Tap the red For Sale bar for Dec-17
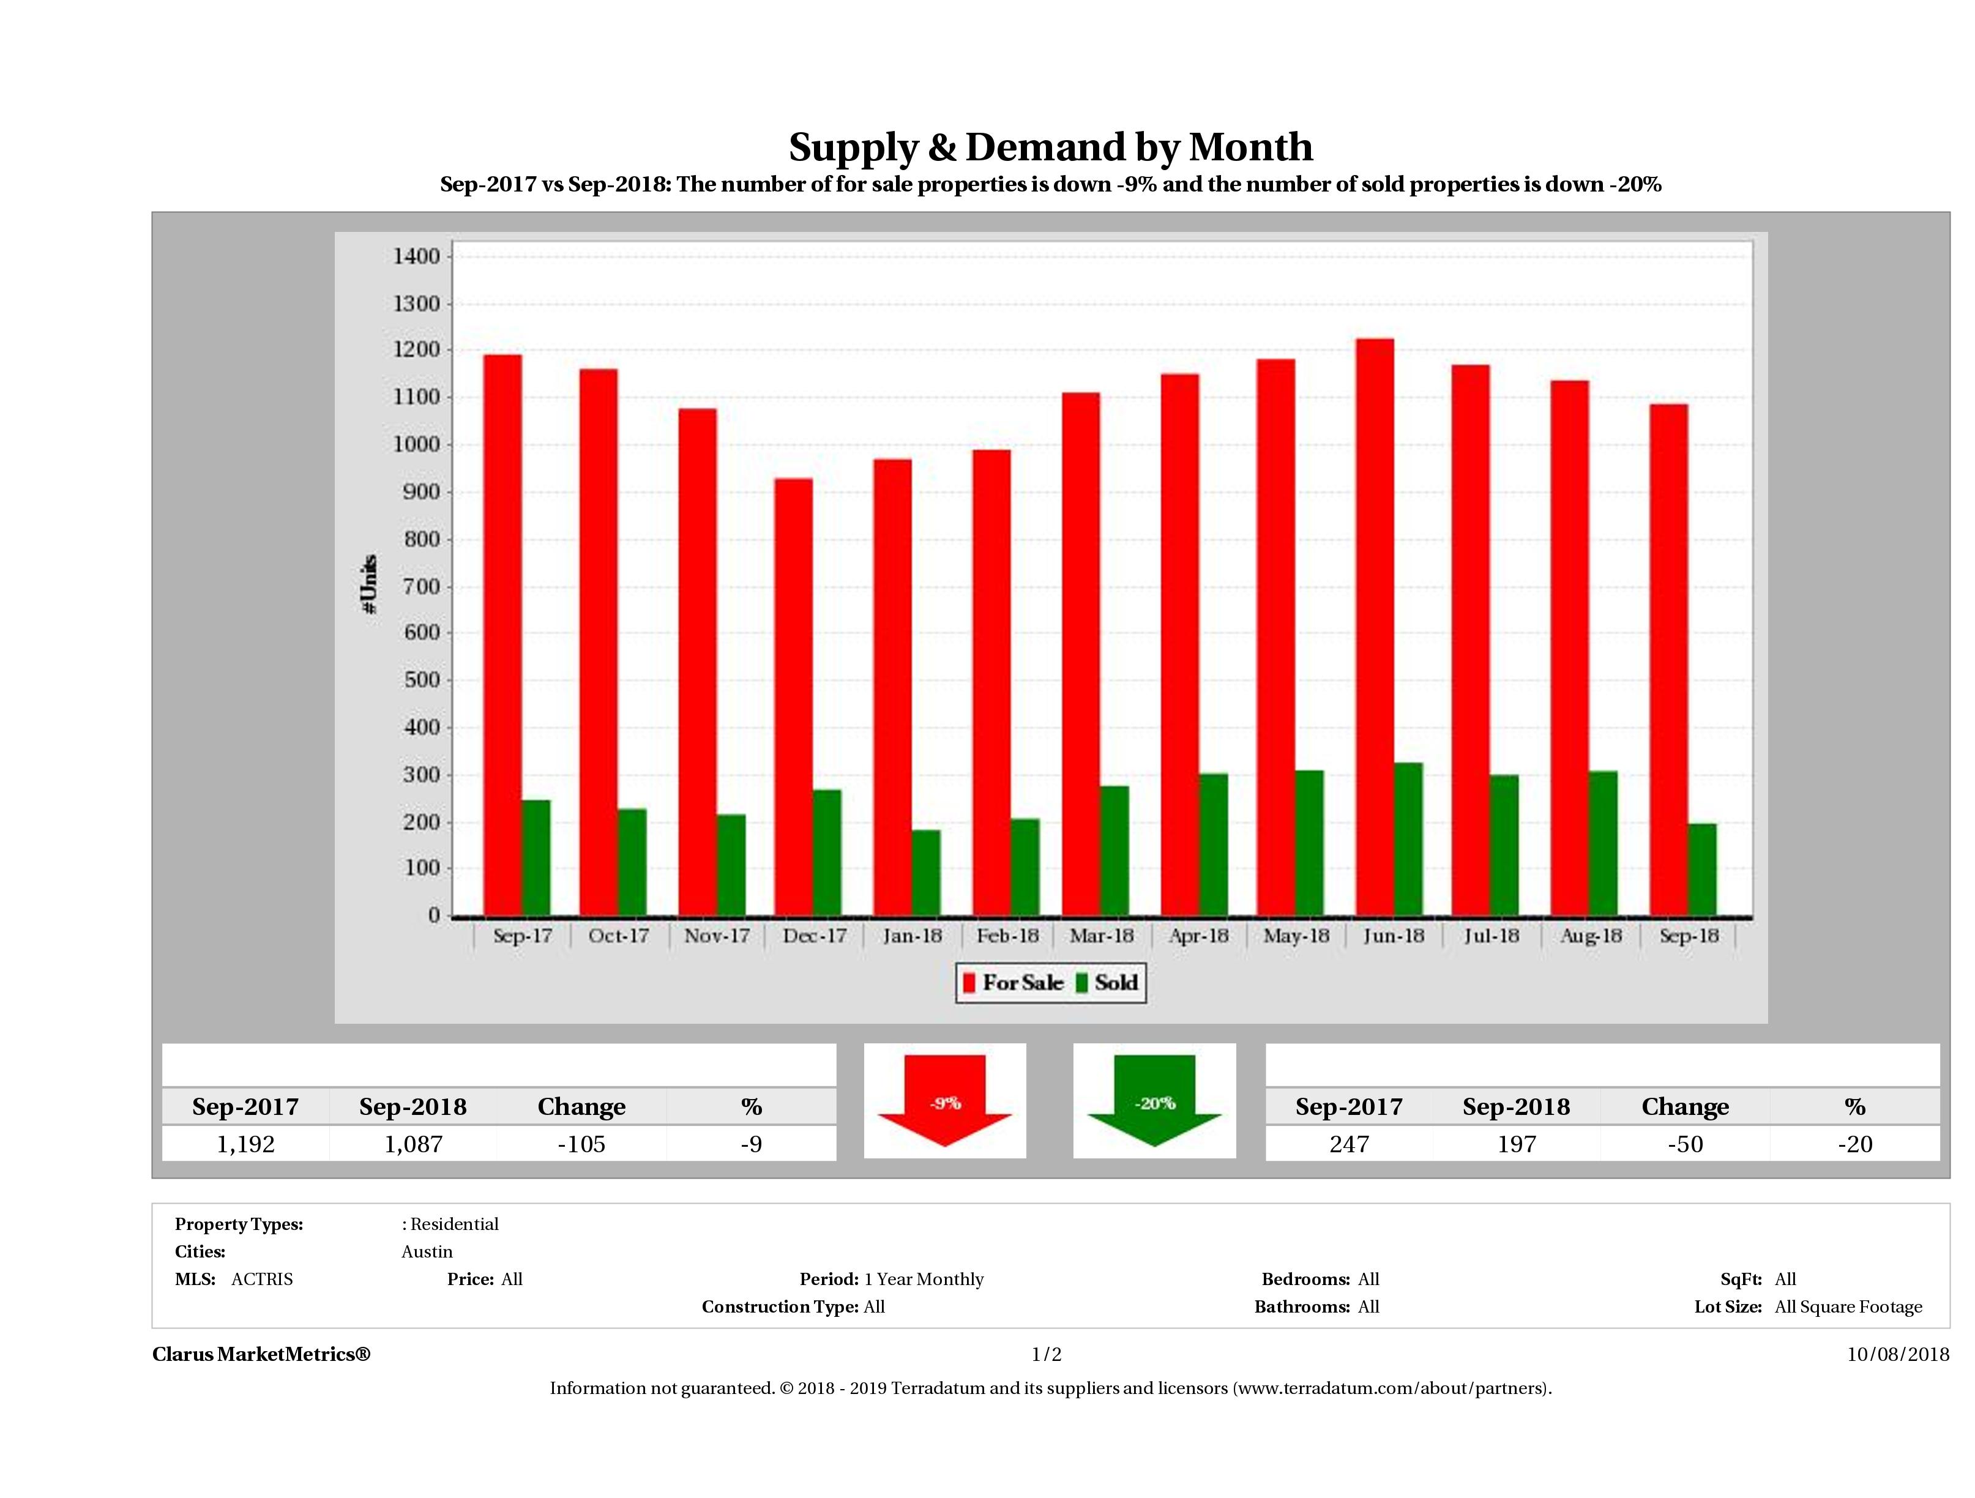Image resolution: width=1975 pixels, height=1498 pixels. (793, 697)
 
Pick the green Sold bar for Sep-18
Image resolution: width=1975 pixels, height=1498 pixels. (1702, 870)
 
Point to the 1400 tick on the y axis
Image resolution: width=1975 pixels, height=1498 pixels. (416, 257)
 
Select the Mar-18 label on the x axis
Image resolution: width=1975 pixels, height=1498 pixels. (1101, 936)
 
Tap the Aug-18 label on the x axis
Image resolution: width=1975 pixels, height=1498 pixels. (1590, 936)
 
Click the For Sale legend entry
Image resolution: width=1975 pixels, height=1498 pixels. (1014, 983)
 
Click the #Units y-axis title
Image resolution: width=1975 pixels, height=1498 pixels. (370, 585)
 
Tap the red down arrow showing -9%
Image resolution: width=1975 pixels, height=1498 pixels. (944, 1100)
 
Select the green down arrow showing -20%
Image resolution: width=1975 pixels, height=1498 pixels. (1154, 1100)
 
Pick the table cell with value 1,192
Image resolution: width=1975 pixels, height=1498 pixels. (245, 1144)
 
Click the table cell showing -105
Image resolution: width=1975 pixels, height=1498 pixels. (581, 1144)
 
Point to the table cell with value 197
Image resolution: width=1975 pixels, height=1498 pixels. (1516, 1144)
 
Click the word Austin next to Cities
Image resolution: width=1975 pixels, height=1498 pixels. (427, 1251)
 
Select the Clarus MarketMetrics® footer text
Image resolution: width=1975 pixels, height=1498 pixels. (261, 1354)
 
